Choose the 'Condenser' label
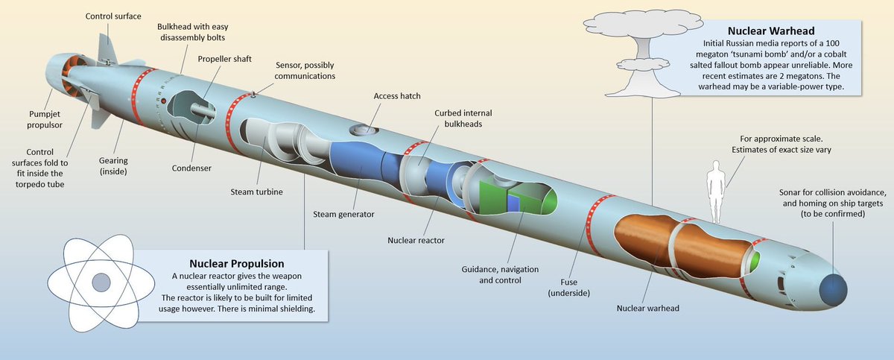coord(190,168)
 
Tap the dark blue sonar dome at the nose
coord(833,288)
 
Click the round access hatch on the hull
coord(363,130)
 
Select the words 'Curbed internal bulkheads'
coord(464,118)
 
